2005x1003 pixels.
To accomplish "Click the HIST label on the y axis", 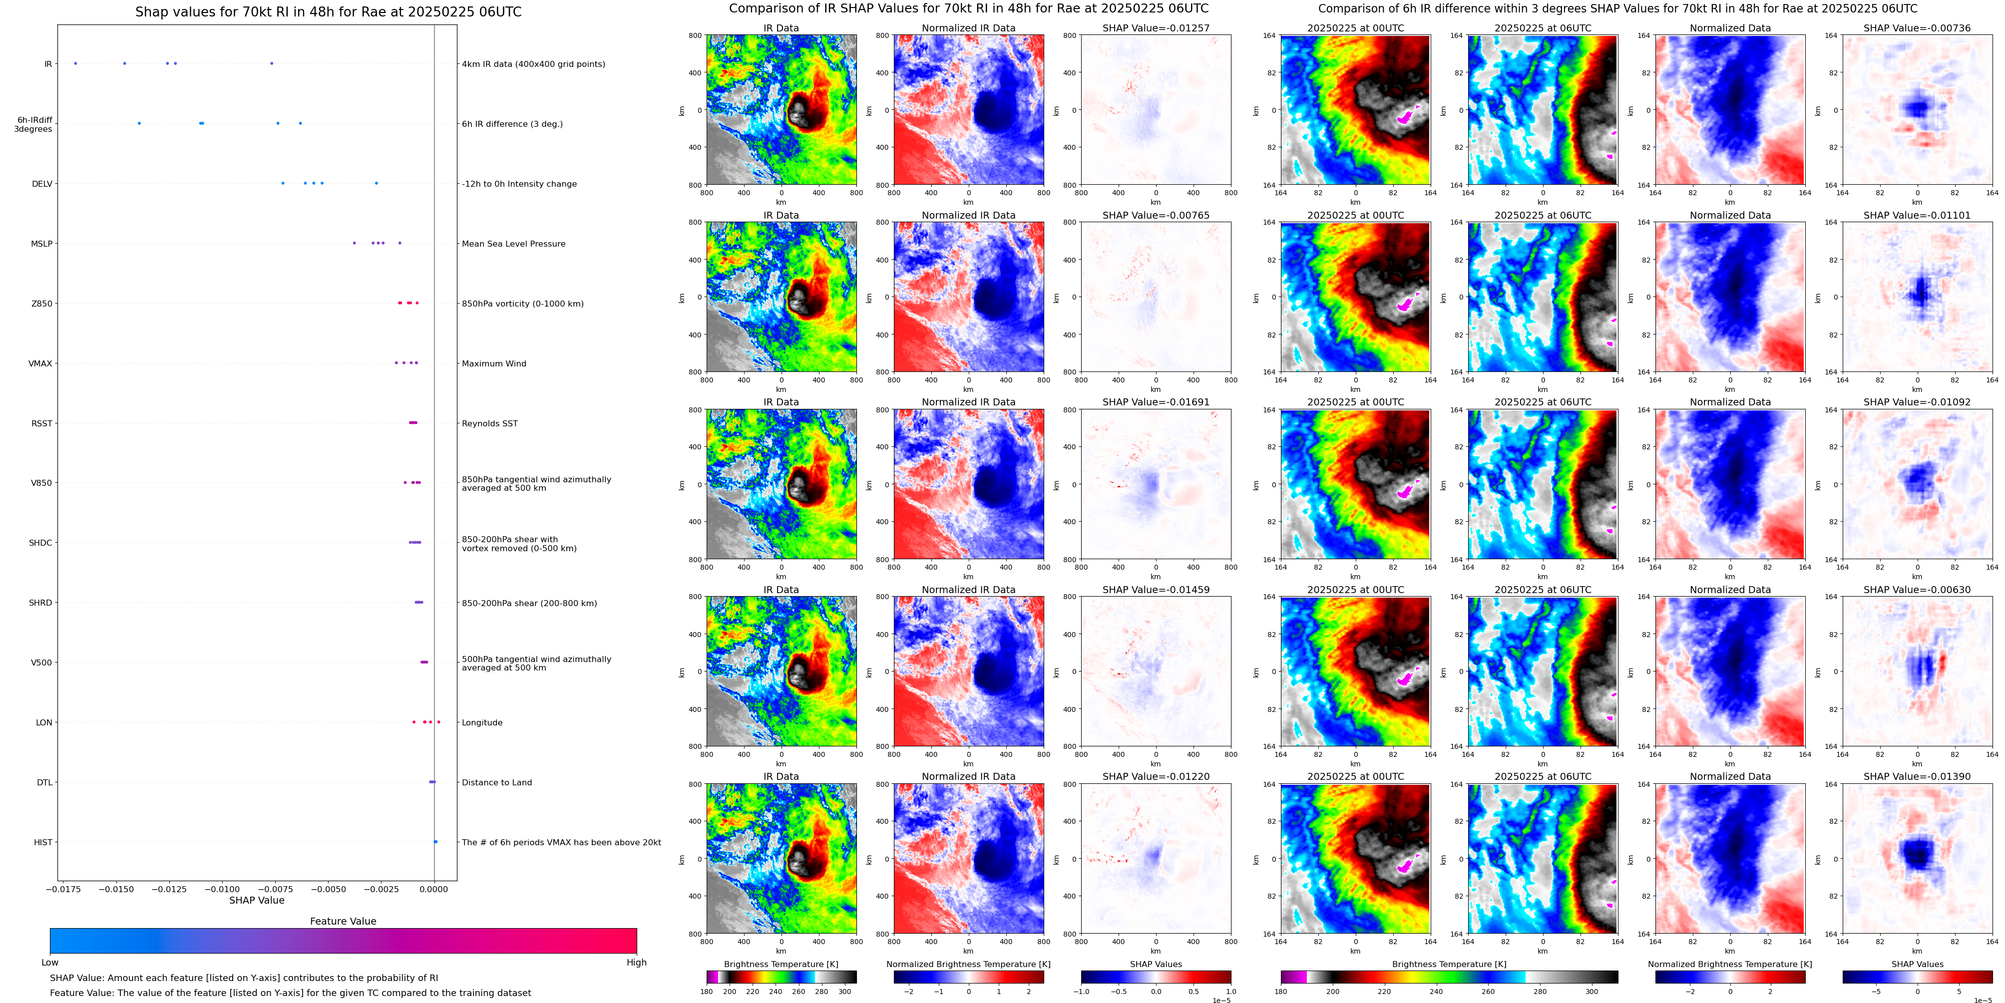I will pyautogui.click(x=43, y=842).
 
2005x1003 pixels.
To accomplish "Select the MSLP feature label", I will pyautogui.click(x=42, y=244).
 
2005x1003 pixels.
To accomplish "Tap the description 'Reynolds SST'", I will pyautogui.click(x=489, y=423).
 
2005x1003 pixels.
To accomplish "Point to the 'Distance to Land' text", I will pyautogui.click(x=496, y=782).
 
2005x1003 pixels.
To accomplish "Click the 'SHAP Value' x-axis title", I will pyautogui.click(x=257, y=900).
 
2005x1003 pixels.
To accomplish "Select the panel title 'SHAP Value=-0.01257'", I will pyautogui.click(x=1156, y=28).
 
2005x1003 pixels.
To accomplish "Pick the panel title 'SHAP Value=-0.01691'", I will pyautogui.click(x=1156, y=402).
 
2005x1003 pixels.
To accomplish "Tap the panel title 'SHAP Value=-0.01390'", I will pyautogui.click(x=1917, y=776).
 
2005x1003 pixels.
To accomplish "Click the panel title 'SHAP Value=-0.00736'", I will pyautogui.click(x=1917, y=28).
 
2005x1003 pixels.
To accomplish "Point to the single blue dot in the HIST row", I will pyautogui.click(x=435, y=842).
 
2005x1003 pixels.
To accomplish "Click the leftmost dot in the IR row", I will pyautogui.click(x=75, y=63).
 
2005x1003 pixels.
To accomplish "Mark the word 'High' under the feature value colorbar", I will pyautogui.click(x=637, y=963).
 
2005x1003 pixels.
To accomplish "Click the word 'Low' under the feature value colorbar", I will pyautogui.click(x=50, y=963).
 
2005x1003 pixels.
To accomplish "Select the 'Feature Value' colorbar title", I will pyautogui.click(x=343, y=921).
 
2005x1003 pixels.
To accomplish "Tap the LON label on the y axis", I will pyautogui.click(x=44, y=722).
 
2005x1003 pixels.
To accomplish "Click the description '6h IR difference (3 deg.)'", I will pyautogui.click(x=512, y=124).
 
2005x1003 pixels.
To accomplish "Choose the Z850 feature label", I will pyautogui.click(x=42, y=304).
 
